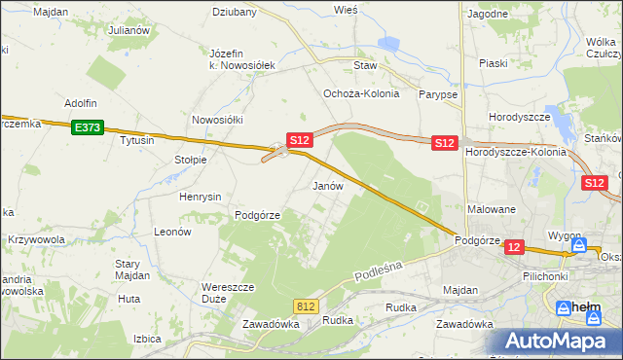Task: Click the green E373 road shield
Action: (x=86, y=126)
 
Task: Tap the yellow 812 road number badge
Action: (x=307, y=306)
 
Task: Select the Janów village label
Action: (x=327, y=185)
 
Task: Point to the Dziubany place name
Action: (x=235, y=13)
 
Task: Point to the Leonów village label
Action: (x=171, y=232)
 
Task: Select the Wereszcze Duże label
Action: (x=228, y=293)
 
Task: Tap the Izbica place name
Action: (x=146, y=339)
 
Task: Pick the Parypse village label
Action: (x=438, y=94)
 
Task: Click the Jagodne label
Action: (x=488, y=14)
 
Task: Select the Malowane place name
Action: (x=492, y=209)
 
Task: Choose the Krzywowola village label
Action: (x=37, y=239)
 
